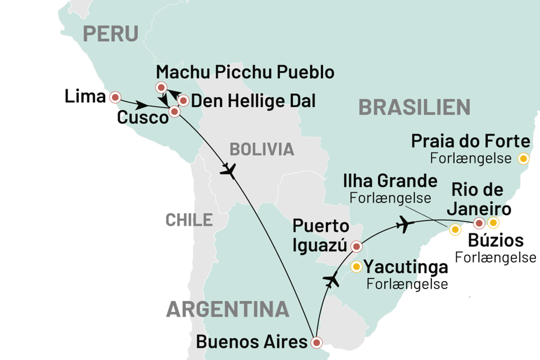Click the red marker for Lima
pyautogui.click(x=115, y=97)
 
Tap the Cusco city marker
pyautogui.click(x=174, y=111)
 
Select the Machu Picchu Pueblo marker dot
pyautogui.click(x=161, y=87)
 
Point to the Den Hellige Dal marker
pyautogui.click(x=183, y=101)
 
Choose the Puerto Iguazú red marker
pyautogui.click(x=356, y=246)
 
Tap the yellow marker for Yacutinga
pyautogui.click(x=356, y=267)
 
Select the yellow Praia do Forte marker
pyautogui.click(x=523, y=159)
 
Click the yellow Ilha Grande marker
pyautogui.click(x=454, y=229)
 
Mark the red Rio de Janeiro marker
pyautogui.click(x=479, y=224)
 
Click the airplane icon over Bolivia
pyautogui.click(x=228, y=170)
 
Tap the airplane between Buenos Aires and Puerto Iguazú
pyautogui.click(x=332, y=280)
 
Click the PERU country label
pyautogui.click(x=110, y=34)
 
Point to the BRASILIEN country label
pyautogui.click(x=414, y=107)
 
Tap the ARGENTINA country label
pyautogui.click(x=227, y=309)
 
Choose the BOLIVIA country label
pyautogui.click(x=261, y=150)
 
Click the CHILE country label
pyautogui.click(x=189, y=220)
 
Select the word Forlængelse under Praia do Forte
pyautogui.click(x=471, y=159)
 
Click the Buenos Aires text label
pyautogui.click(x=252, y=341)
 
